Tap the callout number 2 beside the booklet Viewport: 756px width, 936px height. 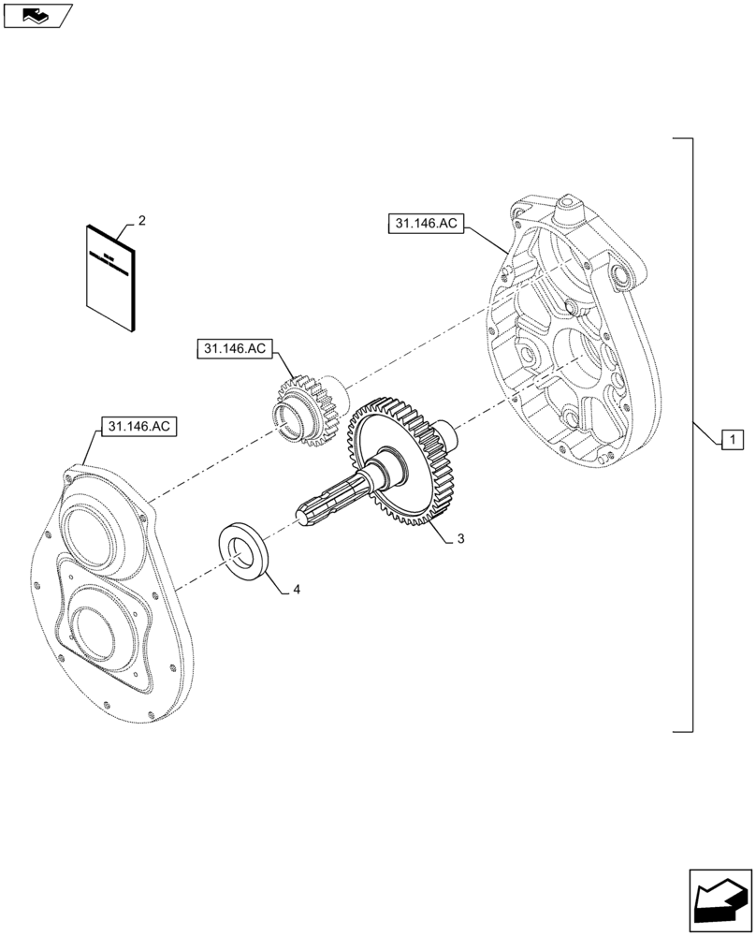pos(141,220)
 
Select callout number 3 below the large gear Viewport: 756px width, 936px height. pos(460,540)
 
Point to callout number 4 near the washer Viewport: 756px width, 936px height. pos(297,590)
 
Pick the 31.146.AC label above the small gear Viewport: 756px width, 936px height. pos(234,349)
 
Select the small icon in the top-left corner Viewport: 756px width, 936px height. pos(36,15)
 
